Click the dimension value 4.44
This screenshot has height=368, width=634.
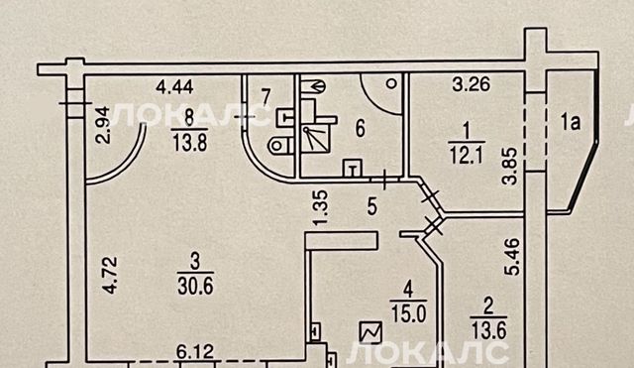click(x=174, y=87)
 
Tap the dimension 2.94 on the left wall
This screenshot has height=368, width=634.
click(x=102, y=125)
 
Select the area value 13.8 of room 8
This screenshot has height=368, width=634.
click(x=189, y=143)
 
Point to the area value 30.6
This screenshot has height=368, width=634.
click(x=195, y=287)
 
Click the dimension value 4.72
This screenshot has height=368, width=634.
click(x=110, y=275)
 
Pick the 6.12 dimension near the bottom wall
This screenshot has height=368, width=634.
click(x=195, y=351)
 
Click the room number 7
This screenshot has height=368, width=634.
click(x=265, y=97)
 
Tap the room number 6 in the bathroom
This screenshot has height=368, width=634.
click(x=360, y=129)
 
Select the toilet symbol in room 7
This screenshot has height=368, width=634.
click(x=280, y=145)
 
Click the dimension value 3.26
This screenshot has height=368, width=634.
click(x=472, y=84)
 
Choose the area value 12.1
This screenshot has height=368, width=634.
click(x=468, y=155)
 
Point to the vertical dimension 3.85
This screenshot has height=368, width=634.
click(x=510, y=167)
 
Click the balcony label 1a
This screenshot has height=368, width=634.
click(x=571, y=122)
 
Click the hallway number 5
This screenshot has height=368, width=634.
click(x=372, y=206)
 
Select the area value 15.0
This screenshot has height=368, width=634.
click(x=408, y=314)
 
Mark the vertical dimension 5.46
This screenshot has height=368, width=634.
click(x=512, y=257)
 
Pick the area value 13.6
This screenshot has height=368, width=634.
click(x=488, y=332)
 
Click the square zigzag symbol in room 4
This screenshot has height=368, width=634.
click(x=370, y=332)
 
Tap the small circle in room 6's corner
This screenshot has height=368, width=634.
click(x=391, y=83)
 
